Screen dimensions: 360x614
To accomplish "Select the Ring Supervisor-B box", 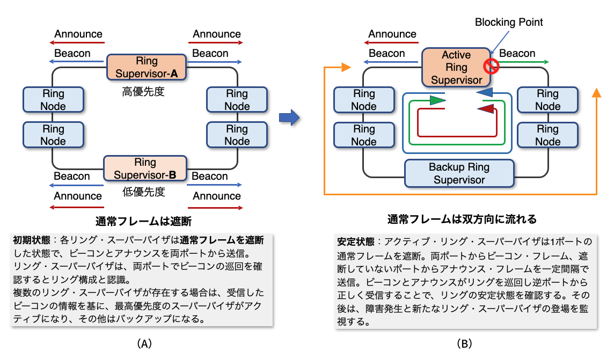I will (x=145, y=168).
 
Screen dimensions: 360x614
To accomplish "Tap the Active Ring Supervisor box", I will (x=456, y=68).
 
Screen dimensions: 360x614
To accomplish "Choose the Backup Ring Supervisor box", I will (x=459, y=173).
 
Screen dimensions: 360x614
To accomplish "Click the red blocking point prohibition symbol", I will (x=491, y=66).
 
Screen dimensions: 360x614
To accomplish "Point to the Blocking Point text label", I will (x=509, y=22).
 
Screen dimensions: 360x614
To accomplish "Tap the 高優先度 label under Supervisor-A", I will (x=143, y=92).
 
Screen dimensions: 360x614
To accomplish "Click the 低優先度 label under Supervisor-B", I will (x=144, y=192).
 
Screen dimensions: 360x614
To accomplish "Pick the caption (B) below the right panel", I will (x=463, y=344).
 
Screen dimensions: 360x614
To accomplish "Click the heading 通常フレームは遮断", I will (x=143, y=221).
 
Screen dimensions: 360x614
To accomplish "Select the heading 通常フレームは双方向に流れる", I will (x=462, y=219).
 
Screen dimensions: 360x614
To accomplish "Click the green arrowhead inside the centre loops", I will (x=437, y=100).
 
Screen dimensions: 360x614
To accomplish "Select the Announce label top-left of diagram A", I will (x=78, y=34).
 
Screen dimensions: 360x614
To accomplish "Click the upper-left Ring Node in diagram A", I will (x=53, y=100).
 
